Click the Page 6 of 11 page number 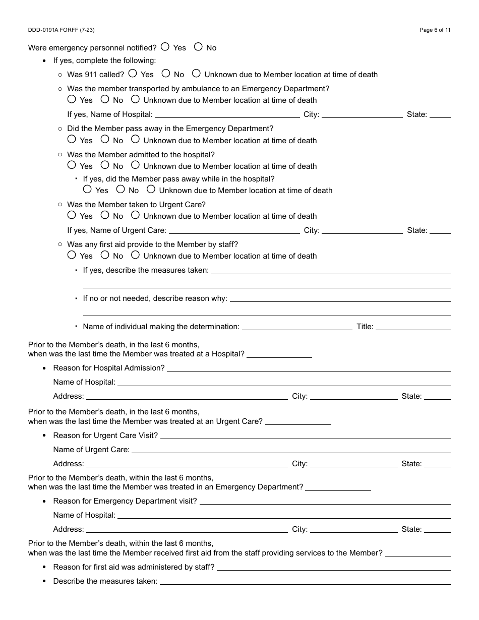435,30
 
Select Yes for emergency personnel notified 165,47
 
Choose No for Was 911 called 166,74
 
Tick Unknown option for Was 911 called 196,74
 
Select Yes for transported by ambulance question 72,99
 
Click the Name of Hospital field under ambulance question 227,114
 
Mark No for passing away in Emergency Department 105,139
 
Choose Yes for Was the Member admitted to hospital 72,165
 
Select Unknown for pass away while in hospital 151,190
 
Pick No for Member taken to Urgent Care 105,215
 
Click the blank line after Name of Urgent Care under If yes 234,230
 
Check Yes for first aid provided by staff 72,255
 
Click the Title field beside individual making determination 413,327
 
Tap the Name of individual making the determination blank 297,327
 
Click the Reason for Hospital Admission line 309,368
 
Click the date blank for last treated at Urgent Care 298,421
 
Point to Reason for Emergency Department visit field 325,501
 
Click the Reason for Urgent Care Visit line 305,436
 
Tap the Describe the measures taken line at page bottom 305,581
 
